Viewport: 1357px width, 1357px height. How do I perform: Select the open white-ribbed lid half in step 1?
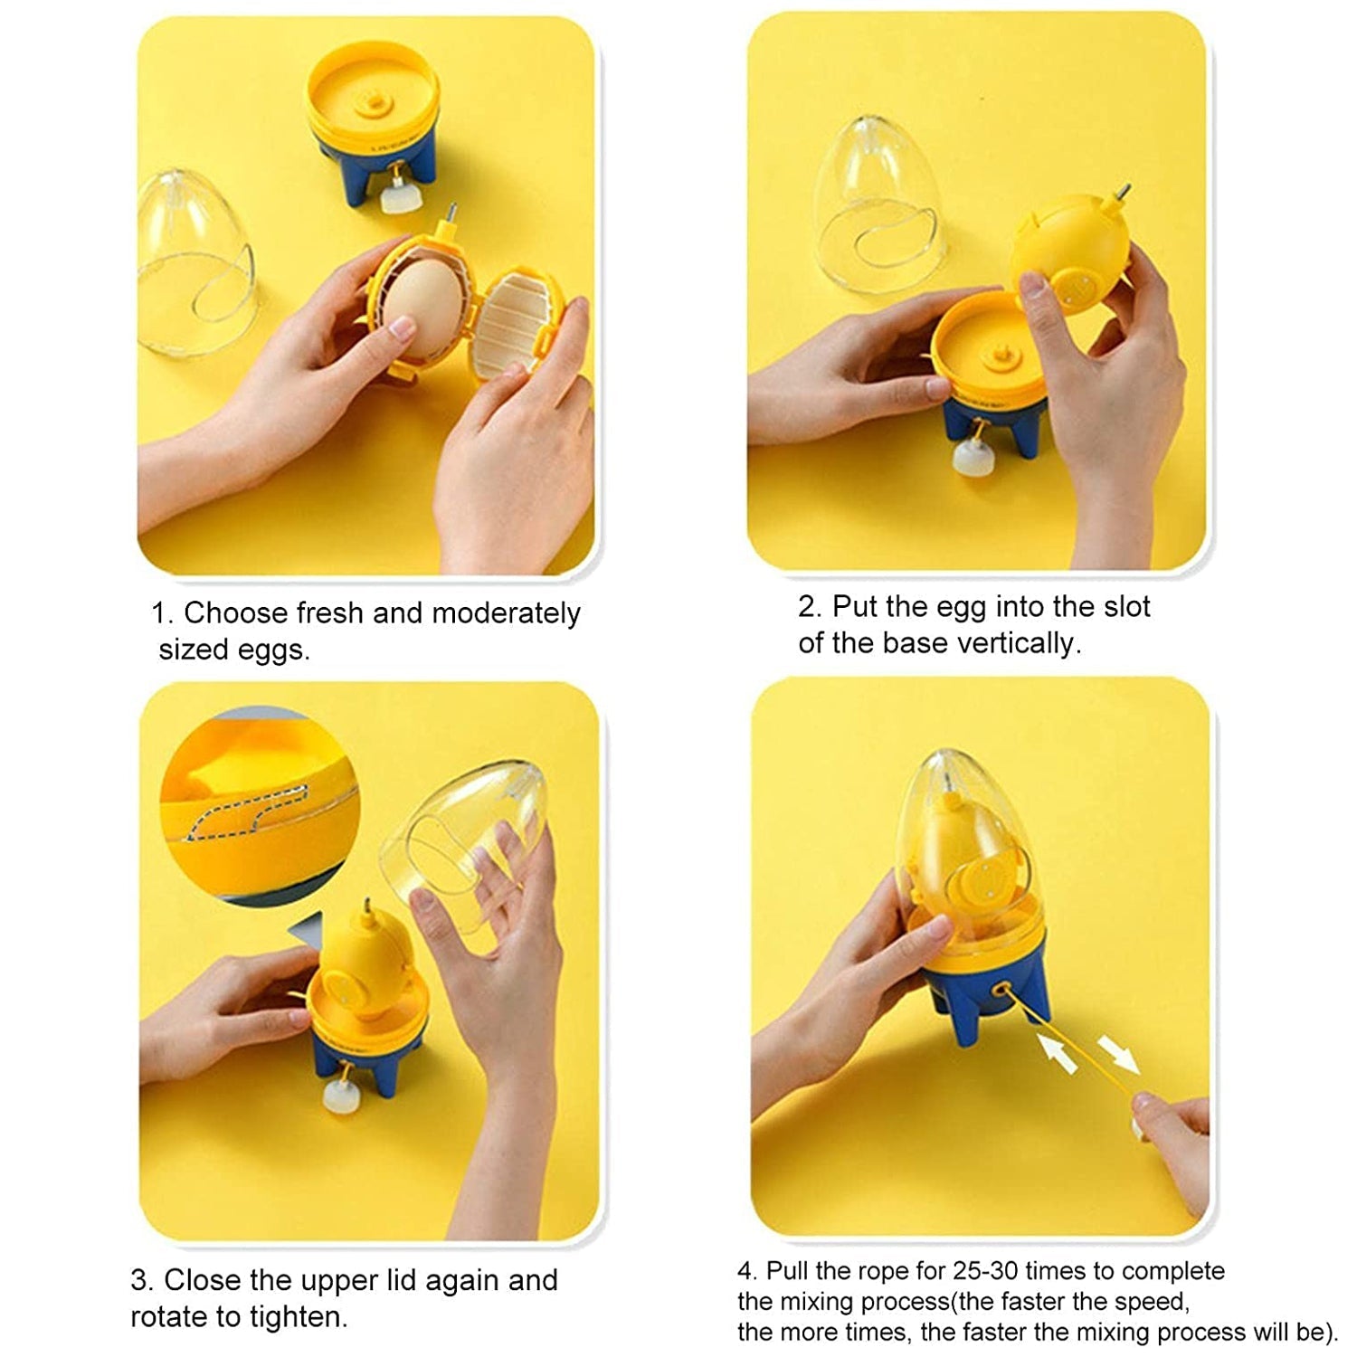pos(515,320)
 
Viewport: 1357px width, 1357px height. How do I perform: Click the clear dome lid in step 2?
pos(876,203)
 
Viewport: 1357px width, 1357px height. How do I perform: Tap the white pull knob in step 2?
pos(973,457)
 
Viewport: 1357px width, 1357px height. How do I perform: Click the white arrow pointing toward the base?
pos(1058,1054)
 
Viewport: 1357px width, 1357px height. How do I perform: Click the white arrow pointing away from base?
pos(1119,1055)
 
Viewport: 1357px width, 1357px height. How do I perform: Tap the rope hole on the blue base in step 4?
pos(1000,992)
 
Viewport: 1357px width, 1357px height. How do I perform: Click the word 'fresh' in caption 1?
pos(330,613)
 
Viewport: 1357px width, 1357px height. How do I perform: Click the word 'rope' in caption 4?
pos(882,1271)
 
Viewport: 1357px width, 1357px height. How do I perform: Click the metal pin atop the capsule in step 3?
pos(367,907)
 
